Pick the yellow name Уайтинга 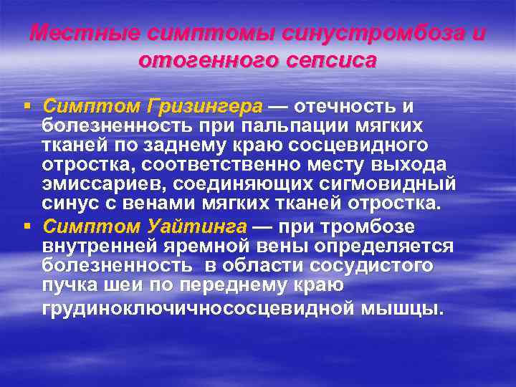[x=196, y=227]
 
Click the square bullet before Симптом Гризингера [x=27, y=107]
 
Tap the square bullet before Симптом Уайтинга [x=27, y=227]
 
